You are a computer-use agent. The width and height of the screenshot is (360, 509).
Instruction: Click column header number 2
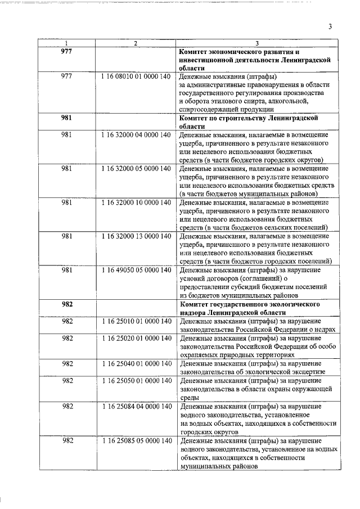point(136,43)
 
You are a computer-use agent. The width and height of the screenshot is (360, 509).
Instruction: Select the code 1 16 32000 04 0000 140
point(136,136)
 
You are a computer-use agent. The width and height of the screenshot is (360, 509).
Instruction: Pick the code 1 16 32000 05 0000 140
point(136,169)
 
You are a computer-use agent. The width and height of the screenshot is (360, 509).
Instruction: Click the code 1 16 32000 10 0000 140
point(136,202)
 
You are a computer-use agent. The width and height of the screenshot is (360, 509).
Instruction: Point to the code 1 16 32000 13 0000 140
point(136,236)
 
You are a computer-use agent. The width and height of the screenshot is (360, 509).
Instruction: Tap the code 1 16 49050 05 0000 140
point(136,270)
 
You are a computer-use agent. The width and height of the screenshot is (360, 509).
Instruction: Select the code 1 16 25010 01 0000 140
point(136,321)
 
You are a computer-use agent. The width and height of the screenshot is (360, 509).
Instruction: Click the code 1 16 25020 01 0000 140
point(136,338)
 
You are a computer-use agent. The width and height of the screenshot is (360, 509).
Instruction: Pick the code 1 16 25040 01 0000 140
point(136,363)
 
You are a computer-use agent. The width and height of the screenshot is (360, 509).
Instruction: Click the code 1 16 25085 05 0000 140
point(136,440)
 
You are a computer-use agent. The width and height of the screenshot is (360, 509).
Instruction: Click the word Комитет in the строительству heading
point(194,118)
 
